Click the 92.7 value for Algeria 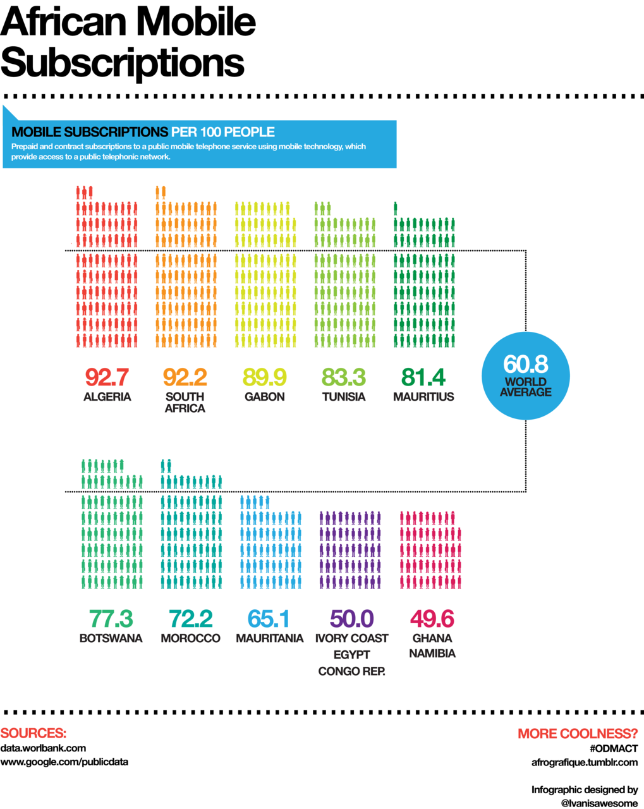click(x=107, y=377)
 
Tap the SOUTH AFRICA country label click(x=185, y=402)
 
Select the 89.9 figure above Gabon click(x=265, y=377)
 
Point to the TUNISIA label click(x=344, y=397)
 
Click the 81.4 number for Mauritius click(x=423, y=377)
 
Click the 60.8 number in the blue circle click(x=526, y=364)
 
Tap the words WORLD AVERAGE click(x=526, y=387)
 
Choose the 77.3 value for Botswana click(x=111, y=618)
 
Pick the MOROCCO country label click(x=191, y=638)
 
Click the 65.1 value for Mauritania click(x=269, y=618)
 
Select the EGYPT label click(x=352, y=655)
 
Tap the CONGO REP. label click(x=352, y=671)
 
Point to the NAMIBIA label click(x=432, y=654)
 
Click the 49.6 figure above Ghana click(x=432, y=618)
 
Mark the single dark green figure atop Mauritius click(x=396, y=209)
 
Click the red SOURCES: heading click(x=33, y=733)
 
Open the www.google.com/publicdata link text click(x=64, y=762)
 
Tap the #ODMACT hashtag click(x=614, y=748)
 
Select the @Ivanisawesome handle click(x=599, y=803)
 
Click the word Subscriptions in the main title click(x=123, y=63)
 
